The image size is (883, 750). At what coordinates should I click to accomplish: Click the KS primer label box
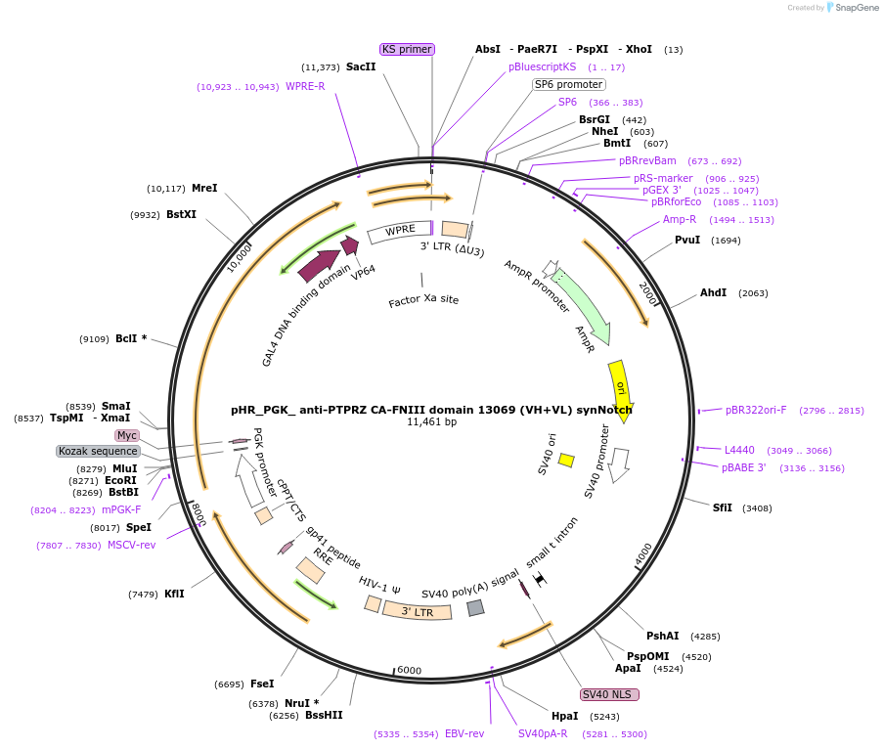407,49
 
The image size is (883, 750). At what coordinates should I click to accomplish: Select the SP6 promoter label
568,84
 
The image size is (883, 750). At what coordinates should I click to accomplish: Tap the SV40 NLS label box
609,694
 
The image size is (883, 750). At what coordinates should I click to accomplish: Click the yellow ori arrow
620,386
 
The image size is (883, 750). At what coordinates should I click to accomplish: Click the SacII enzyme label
361,66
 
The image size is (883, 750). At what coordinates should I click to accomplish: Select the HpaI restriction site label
564,716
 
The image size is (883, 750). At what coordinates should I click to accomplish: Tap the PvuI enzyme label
687,240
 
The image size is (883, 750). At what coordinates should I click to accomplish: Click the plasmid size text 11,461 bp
431,422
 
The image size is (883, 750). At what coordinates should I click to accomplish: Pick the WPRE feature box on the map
400,231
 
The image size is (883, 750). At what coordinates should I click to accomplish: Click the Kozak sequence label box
98,451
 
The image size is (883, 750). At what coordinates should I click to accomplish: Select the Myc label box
127,435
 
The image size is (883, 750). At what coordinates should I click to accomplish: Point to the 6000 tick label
409,670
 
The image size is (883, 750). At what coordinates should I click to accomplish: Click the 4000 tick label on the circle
642,554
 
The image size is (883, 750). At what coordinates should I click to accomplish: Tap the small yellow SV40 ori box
566,460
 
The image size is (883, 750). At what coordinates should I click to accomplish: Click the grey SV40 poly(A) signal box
475,607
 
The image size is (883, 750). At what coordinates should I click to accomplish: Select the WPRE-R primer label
305,86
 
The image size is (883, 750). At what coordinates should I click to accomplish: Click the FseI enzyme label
262,684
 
